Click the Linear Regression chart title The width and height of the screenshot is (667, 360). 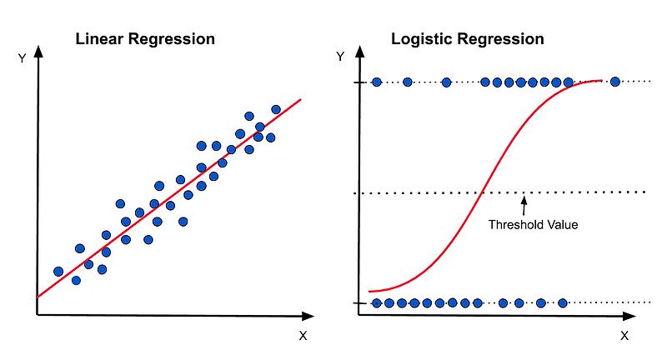(145, 39)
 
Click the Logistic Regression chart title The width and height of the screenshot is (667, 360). (468, 39)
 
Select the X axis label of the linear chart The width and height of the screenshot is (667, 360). (303, 336)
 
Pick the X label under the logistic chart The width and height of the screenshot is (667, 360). (624, 336)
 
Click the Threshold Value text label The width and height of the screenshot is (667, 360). (533, 224)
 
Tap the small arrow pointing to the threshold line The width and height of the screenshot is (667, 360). (524, 201)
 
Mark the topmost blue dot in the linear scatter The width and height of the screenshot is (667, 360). (276, 109)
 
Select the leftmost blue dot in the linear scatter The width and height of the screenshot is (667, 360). (58, 272)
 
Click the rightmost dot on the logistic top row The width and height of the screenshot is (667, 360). (615, 82)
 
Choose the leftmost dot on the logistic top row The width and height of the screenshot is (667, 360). (377, 82)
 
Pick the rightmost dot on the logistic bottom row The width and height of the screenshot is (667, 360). (563, 303)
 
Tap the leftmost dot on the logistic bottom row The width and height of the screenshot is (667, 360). (377, 303)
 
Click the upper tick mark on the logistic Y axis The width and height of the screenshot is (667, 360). (359, 82)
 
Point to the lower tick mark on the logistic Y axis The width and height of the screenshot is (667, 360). (359, 303)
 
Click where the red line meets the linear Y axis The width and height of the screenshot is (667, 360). (38, 297)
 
